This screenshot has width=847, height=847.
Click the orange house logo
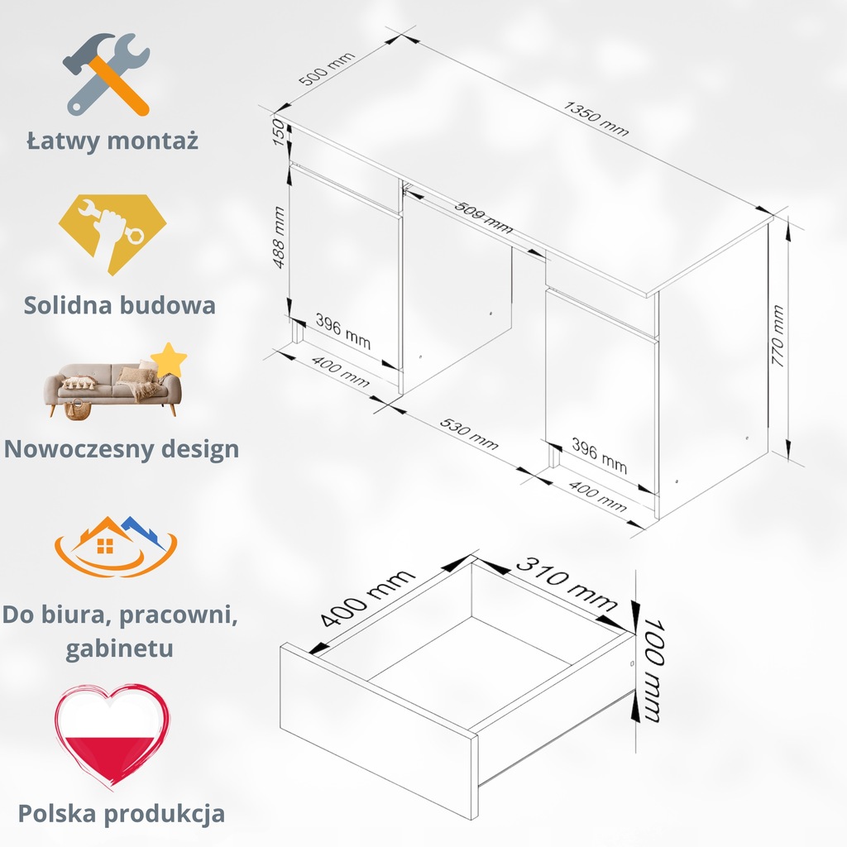tap(116, 546)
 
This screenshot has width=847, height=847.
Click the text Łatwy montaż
tap(112, 140)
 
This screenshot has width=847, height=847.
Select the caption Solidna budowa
tap(120, 304)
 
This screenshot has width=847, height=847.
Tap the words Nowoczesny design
tap(122, 449)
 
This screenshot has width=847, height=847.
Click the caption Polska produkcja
tap(122, 812)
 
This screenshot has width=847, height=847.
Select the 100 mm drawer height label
tap(649, 671)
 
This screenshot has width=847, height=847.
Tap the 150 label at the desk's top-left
tap(280, 132)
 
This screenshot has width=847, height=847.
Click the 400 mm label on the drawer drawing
tap(366, 599)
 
